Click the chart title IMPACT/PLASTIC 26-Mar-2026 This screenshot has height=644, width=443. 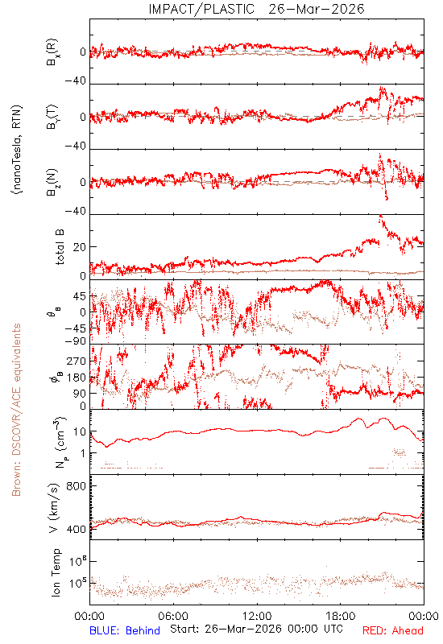tap(256, 9)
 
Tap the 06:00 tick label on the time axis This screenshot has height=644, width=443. tap(173, 616)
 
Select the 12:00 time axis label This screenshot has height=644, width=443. tap(257, 616)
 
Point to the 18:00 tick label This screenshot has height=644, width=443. tap(341, 616)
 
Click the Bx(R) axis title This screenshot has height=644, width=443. tap(52, 52)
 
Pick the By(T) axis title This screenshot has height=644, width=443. tap(52, 117)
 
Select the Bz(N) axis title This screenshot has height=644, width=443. tap(52, 182)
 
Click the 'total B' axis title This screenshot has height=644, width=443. tap(60, 247)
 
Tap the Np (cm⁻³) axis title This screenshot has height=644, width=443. tap(60, 442)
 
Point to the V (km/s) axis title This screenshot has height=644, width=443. tap(54, 508)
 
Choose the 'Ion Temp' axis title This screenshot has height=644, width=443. tap(56, 572)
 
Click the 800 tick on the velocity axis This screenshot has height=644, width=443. tap(77, 486)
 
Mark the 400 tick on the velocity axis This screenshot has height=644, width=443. tap(77, 529)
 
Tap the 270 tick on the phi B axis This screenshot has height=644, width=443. tap(77, 361)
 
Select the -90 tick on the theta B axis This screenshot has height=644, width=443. tap(76, 341)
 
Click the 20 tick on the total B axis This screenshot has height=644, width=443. tap(80, 247)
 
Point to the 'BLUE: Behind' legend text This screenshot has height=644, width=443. tap(125, 630)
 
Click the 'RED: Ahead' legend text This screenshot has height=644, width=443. tap(393, 630)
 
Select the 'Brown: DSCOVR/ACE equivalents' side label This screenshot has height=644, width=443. tap(16, 410)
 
